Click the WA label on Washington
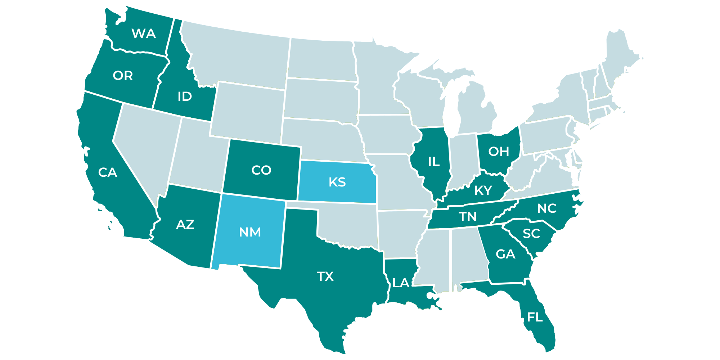(x=144, y=33)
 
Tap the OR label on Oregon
(x=123, y=76)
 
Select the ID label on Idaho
(x=185, y=96)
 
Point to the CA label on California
(x=108, y=172)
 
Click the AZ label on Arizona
(x=185, y=225)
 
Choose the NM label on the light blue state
(x=250, y=232)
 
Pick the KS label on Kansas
(x=337, y=182)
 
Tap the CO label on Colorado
(x=261, y=170)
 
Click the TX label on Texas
(x=325, y=276)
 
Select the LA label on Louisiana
(x=401, y=283)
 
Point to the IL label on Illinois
(x=434, y=162)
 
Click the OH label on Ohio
(x=499, y=152)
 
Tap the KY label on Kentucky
(x=483, y=190)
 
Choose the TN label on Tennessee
(x=468, y=217)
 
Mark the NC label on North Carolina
(x=547, y=208)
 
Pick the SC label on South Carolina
(x=531, y=234)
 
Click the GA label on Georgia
(x=505, y=255)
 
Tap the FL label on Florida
(x=535, y=317)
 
